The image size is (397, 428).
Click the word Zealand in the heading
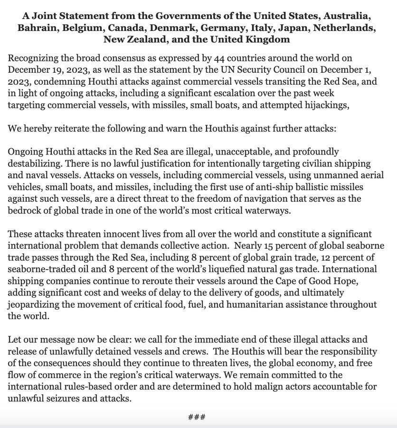coord(147,39)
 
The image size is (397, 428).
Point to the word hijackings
coord(325,105)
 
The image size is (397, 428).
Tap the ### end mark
coord(197,417)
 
